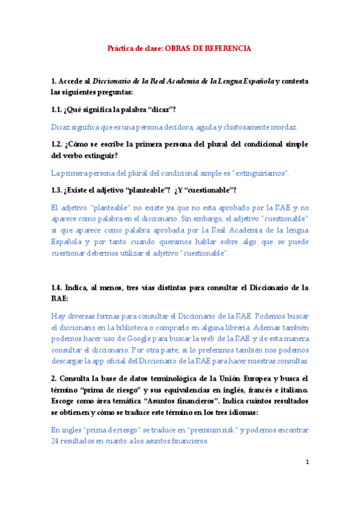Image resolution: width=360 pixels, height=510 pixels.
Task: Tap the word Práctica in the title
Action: (121, 47)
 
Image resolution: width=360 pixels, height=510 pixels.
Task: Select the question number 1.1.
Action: (58, 109)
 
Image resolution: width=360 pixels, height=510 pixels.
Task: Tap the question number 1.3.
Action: (58, 191)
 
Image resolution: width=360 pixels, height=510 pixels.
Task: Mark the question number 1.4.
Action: (58, 288)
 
